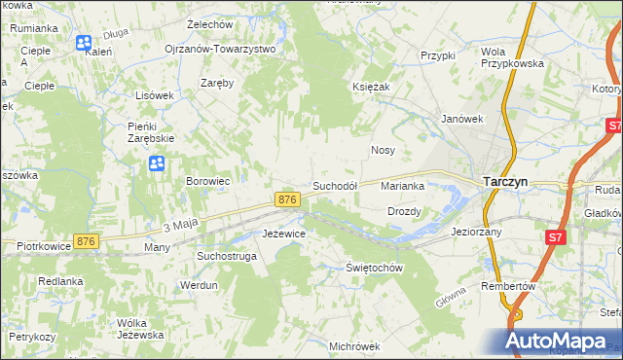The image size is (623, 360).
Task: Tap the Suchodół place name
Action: [x=335, y=185]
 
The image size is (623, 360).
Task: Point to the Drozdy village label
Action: [x=404, y=211]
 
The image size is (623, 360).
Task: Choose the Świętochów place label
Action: [x=375, y=268]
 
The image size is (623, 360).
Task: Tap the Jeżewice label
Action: [x=284, y=234]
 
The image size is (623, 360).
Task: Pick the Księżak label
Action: [x=371, y=87]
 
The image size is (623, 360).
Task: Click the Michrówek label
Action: [x=354, y=346]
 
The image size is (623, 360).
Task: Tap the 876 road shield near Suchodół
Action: [x=286, y=199]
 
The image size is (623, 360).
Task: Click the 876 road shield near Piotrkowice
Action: [x=87, y=241]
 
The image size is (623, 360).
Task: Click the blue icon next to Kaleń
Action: [x=84, y=43]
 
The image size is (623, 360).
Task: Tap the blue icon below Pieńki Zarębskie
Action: [x=156, y=163]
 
